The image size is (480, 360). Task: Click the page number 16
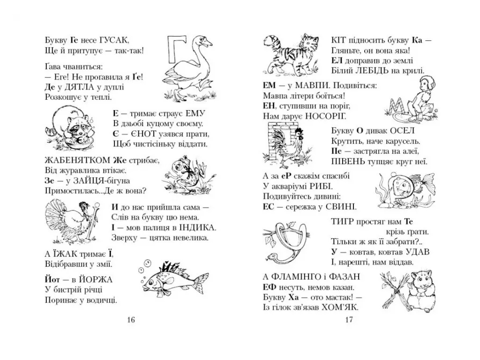point(131,320)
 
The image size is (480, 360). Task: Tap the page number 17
point(349,320)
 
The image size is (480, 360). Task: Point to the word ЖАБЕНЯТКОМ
point(77,160)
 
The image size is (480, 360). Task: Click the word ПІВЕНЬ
point(348,161)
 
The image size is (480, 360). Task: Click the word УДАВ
point(417,252)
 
